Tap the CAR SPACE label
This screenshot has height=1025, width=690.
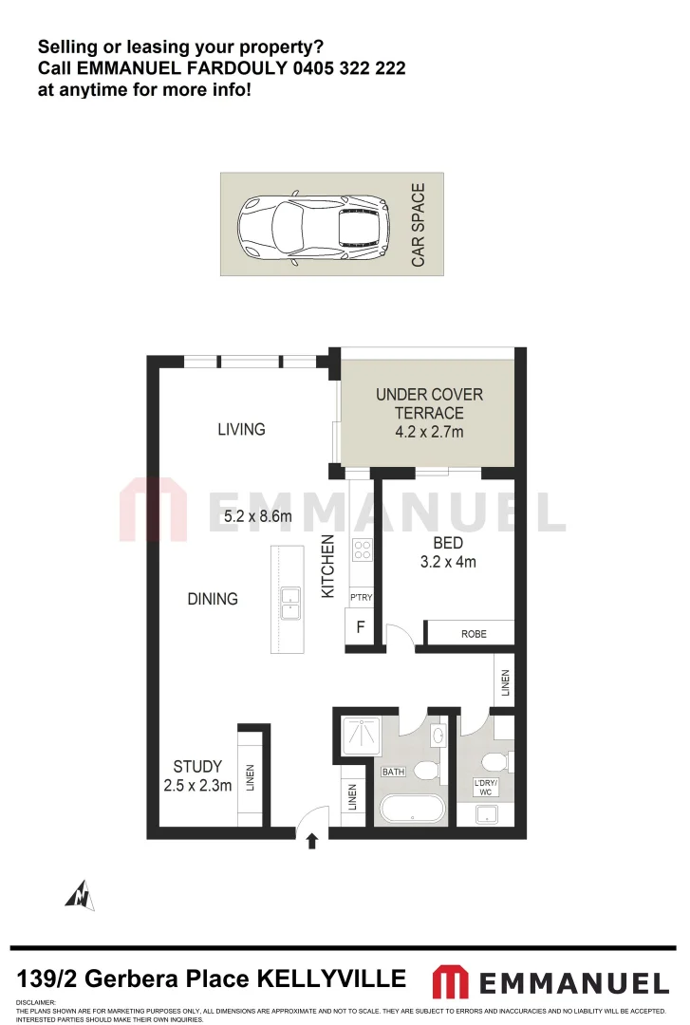tap(419, 225)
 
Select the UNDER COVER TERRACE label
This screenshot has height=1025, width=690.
tap(429, 403)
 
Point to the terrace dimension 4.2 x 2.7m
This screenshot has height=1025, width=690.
tap(429, 432)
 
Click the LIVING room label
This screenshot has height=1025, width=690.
tap(241, 429)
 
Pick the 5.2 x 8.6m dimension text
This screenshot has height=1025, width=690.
tap(257, 517)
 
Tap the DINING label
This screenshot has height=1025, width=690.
tap(213, 599)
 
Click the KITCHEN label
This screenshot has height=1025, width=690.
tap(328, 567)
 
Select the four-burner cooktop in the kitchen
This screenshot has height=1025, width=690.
tap(362, 550)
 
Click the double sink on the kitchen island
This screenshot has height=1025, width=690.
tap(289, 604)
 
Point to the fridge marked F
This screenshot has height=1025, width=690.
tap(360, 627)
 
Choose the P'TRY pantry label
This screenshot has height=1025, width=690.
tap(361, 597)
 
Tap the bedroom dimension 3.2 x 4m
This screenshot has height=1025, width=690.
tap(448, 562)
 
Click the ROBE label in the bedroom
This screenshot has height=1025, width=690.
tap(474, 633)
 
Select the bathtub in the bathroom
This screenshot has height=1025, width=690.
tap(411, 810)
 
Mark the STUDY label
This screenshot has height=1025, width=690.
tap(197, 767)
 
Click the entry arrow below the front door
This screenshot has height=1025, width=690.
tap(311, 842)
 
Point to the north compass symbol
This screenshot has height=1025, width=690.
tap(81, 895)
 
